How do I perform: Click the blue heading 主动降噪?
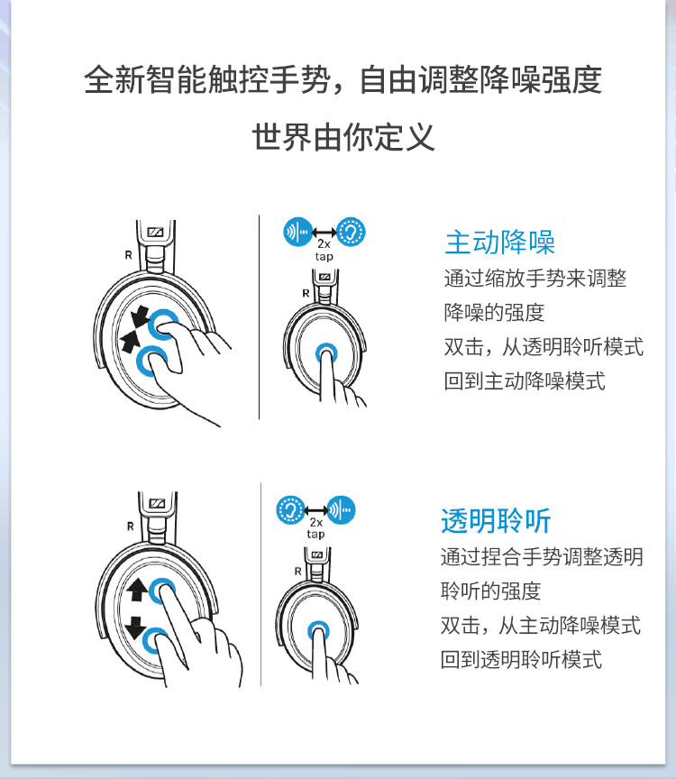(x=499, y=242)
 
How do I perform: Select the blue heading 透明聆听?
(x=496, y=520)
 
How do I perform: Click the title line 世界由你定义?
(x=343, y=137)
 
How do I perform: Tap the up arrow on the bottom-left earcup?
(x=137, y=591)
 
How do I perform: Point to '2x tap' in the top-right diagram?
(x=324, y=250)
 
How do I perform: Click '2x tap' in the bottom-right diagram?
(x=315, y=527)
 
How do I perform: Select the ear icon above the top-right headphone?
(x=352, y=232)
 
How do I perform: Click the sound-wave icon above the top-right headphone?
(x=297, y=232)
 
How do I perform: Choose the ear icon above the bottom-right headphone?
(x=289, y=510)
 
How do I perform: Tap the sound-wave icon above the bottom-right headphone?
(x=341, y=510)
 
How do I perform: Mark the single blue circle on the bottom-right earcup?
(x=318, y=629)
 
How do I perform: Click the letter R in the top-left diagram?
(x=128, y=254)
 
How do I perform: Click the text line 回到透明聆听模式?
(x=520, y=658)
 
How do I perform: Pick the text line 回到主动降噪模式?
(x=524, y=380)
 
